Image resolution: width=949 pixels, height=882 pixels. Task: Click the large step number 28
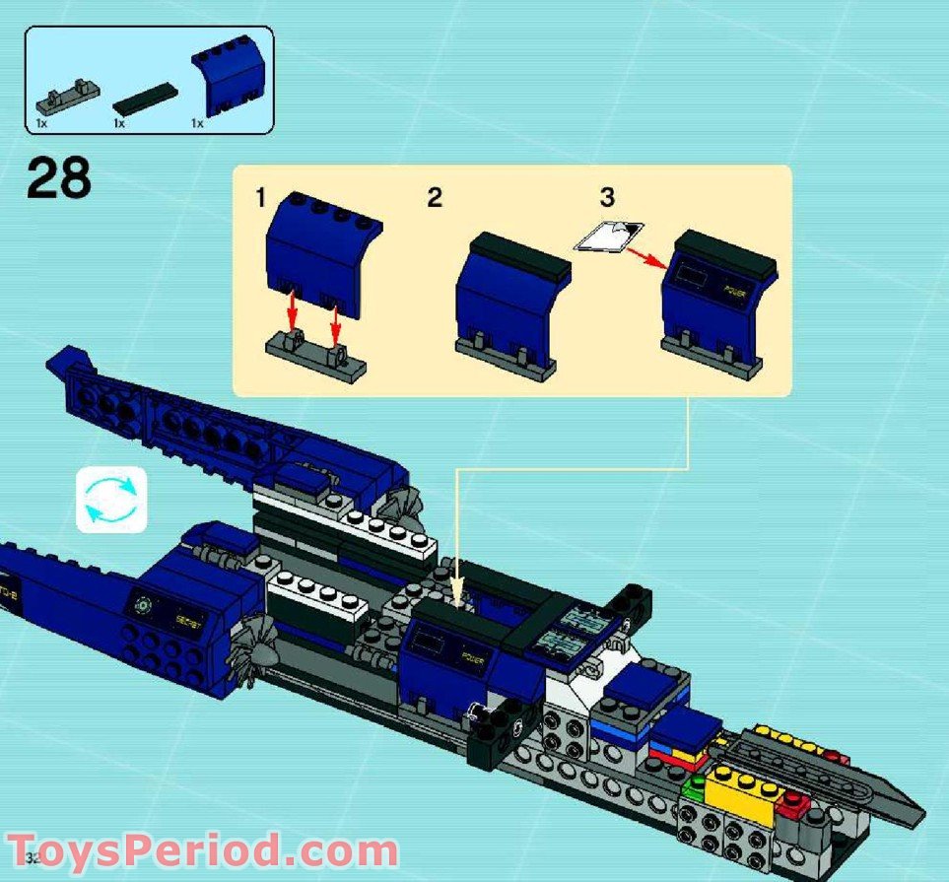click(x=59, y=177)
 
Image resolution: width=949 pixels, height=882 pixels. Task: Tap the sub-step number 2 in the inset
click(x=435, y=197)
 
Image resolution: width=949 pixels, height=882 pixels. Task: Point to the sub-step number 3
click(x=607, y=197)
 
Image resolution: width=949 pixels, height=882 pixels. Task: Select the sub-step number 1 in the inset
click(x=260, y=198)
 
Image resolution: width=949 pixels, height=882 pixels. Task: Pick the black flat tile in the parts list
click(x=144, y=98)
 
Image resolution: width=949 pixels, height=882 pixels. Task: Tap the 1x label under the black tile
click(x=118, y=124)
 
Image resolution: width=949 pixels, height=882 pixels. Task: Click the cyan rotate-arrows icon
click(x=111, y=499)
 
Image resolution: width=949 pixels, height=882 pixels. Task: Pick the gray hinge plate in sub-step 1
click(x=314, y=353)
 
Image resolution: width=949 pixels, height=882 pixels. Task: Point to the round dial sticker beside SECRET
click(x=144, y=607)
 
